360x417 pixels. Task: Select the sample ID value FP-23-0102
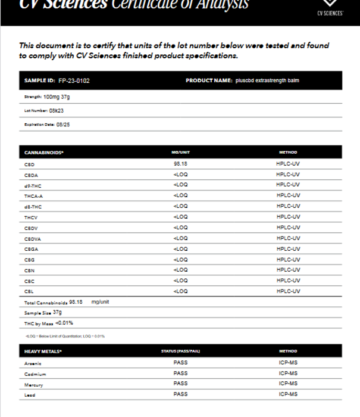point(74,80)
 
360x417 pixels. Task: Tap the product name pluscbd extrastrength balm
point(267,80)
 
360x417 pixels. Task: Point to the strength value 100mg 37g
point(57,97)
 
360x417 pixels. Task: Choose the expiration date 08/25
point(64,125)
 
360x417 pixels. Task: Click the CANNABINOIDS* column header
point(44,153)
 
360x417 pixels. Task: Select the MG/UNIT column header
point(180,153)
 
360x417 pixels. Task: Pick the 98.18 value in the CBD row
point(180,163)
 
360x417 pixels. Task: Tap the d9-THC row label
point(33,185)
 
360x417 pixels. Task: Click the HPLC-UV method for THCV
point(288,217)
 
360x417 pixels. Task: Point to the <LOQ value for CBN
point(180,270)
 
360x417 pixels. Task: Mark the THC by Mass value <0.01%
point(64,323)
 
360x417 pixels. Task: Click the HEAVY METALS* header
point(43,351)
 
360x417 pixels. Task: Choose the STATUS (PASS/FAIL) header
point(180,351)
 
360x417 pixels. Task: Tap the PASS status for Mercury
point(180,384)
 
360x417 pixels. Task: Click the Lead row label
point(30,395)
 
